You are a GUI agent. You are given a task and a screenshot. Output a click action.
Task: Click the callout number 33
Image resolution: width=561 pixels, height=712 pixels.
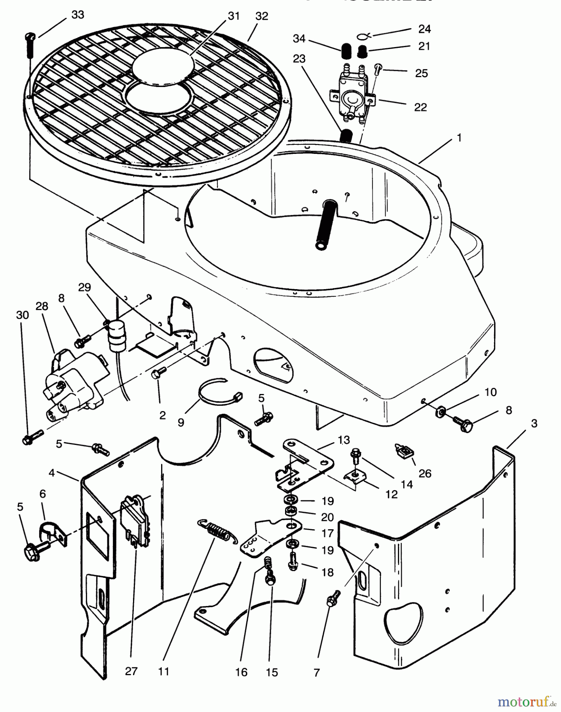tap(78, 15)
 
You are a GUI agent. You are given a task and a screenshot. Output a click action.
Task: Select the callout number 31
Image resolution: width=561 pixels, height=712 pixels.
tap(234, 16)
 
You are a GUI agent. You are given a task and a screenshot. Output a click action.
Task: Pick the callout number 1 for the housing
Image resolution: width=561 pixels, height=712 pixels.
tap(459, 138)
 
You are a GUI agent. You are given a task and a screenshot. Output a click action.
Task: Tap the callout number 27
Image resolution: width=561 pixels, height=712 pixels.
tap(131, 671)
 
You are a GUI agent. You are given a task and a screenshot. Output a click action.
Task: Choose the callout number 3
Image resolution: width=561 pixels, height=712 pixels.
tap(534, 423)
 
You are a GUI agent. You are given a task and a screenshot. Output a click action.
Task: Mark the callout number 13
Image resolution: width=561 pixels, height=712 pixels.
tap(344, 439)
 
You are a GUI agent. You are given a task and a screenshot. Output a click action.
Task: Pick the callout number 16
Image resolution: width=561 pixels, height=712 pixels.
tap(241, 672)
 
